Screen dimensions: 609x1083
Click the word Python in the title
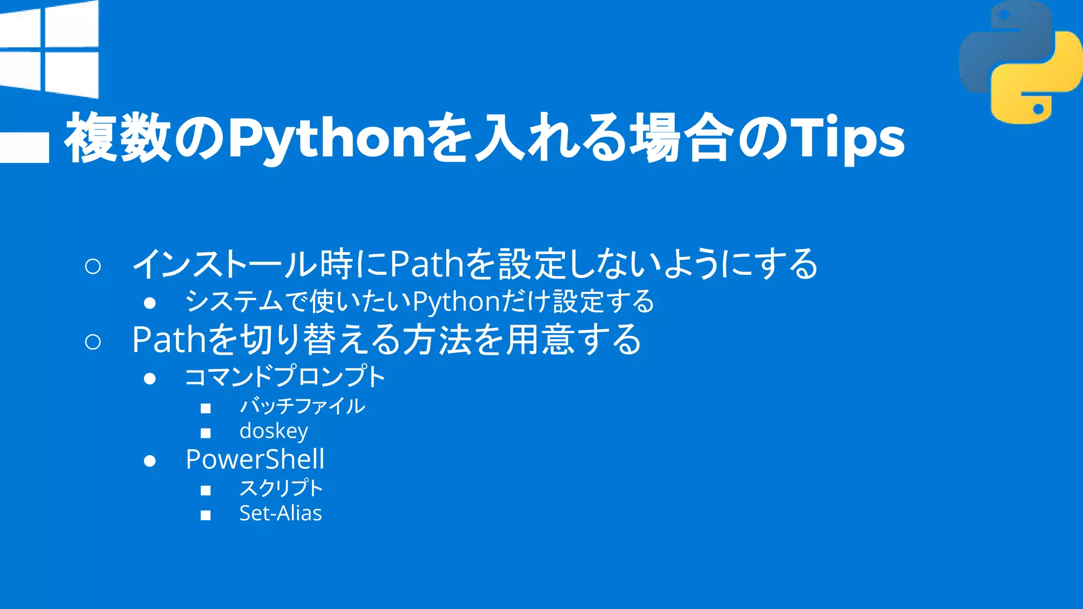[326, 139]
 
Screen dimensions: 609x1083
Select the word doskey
[273, 431]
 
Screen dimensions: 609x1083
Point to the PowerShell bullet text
[255, 459]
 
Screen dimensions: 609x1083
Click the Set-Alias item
[280, 513]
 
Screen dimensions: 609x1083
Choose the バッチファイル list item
[302, 406]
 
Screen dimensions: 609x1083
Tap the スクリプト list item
[281, 487]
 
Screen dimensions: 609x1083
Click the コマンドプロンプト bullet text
[285, 377]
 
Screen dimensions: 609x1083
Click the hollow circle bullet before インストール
[93, 266]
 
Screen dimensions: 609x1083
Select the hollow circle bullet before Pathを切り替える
[93, 342]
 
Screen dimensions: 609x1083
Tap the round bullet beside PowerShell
[150, 461]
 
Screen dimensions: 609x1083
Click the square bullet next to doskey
[206, 433]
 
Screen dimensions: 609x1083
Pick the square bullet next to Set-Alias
[206, 515]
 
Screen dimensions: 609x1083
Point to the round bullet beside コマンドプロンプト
[150, 379]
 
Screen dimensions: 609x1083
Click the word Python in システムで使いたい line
[456, 302]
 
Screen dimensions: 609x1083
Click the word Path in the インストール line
[426, 264]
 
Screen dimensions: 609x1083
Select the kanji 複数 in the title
[118, 139]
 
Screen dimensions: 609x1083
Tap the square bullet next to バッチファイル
[206, 408]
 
